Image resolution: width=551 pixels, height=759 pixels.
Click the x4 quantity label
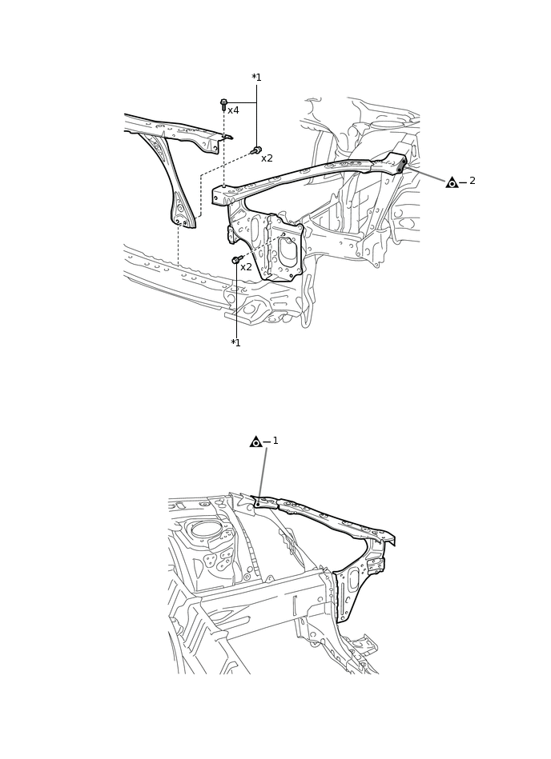click(233, 110)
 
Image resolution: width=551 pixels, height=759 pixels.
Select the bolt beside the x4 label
click(223, 105)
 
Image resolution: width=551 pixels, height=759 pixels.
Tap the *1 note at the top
click(256, 78)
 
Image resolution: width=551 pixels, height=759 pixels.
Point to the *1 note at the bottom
click(235, 343)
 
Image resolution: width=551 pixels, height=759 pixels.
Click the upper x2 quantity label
click(267, 158)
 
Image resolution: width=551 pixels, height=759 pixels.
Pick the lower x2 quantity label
click(246, 267)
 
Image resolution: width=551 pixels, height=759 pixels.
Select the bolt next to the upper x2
click(256, 150)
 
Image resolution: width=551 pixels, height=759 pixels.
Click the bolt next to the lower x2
click(237, 259)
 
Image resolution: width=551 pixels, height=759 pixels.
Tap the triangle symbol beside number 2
click(452, 182)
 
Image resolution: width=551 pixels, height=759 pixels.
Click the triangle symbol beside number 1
click(255, 441)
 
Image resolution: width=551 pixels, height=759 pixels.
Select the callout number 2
click(473, 181)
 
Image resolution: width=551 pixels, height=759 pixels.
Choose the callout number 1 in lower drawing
click(275, 441)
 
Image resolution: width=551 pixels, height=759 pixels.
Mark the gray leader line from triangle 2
click(426, 174)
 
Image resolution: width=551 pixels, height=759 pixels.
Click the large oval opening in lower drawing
click(206, 529)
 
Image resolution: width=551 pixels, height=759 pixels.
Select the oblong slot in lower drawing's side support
click(353, 580)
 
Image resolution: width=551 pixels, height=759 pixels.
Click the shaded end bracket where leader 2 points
click(398, 163)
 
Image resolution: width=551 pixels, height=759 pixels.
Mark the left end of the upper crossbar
click(218, 196)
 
